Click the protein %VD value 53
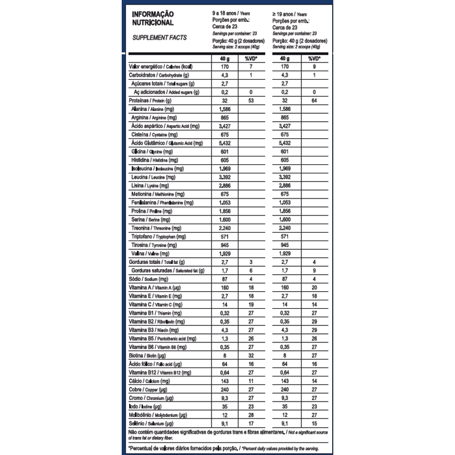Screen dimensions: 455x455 coord(250,100)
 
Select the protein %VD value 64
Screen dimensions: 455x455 coord(313,100)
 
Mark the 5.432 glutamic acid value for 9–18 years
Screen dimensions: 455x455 coord(223,143)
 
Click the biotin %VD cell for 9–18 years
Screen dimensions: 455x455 coord(250,355)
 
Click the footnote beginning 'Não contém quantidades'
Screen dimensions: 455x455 coord(227,435)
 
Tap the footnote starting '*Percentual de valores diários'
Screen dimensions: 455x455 coord(227,449)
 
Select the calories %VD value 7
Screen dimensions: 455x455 coord(250,67)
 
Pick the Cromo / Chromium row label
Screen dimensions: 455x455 coord(152,398)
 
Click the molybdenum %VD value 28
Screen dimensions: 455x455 coord(250,415)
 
